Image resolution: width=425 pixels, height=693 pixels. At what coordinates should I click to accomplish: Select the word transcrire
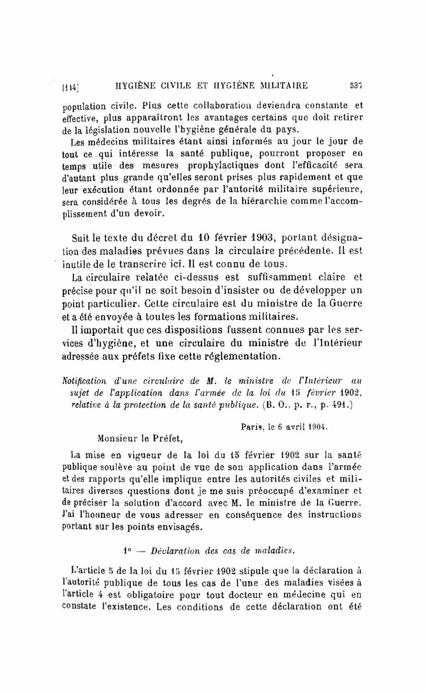[x=141, y=264]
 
